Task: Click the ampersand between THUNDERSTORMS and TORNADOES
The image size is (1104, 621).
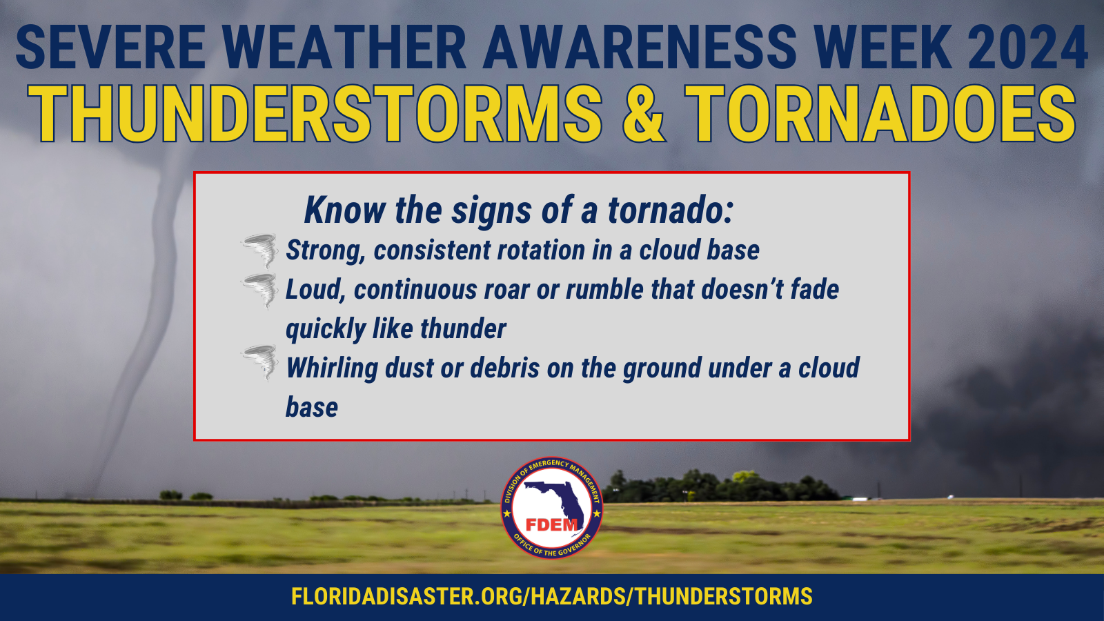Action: click(644, 114)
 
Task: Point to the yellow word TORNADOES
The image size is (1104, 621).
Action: click(880, 114)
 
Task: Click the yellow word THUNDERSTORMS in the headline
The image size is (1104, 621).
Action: click(315, 114)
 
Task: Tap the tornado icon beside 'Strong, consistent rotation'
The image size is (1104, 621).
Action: click(259, 251)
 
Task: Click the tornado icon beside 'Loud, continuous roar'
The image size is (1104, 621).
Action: click(259, 290)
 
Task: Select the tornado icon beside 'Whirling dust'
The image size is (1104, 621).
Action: click(259, 363)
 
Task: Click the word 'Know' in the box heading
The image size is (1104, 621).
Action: click(344, 210)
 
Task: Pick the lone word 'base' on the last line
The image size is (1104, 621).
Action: click(311, 408)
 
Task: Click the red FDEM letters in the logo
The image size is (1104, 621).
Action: click(551, 525)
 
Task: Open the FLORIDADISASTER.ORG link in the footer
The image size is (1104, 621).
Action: click(551, 596)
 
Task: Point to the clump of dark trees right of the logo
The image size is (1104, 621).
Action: click(720, 486)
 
